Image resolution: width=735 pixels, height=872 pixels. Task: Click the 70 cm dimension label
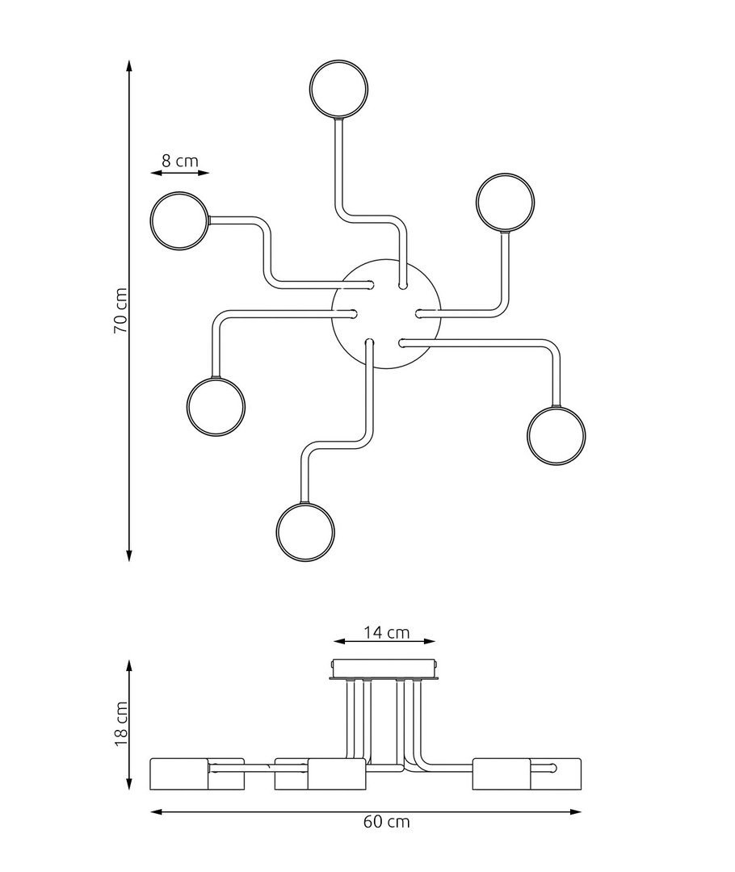pos(120,310)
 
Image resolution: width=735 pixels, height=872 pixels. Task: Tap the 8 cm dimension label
pos(180,161)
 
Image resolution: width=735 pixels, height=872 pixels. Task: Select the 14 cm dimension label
pos(387,632)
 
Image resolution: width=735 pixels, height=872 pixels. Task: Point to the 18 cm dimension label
pos(120,723)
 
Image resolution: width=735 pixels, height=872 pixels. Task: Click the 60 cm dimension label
pos(387,821)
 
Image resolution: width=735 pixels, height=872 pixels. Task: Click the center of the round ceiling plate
pos(386,313)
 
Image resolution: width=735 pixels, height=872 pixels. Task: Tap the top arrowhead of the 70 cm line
pos(129,65)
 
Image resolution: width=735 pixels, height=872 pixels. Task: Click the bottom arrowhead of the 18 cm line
pos(129,783)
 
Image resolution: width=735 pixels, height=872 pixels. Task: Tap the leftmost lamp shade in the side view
pos(198,773)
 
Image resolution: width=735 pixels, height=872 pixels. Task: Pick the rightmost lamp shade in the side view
pos(527,773)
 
